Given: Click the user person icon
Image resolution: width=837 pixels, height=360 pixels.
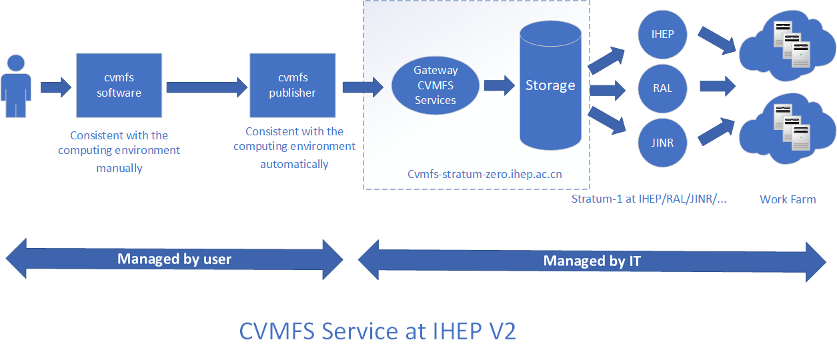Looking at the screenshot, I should coord(16,87).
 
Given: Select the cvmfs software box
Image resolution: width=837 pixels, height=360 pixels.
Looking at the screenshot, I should coord(119,85).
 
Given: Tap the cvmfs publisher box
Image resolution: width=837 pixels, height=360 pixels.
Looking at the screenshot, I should coord(292,85).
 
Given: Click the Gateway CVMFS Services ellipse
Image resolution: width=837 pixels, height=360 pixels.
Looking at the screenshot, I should coord(436,85).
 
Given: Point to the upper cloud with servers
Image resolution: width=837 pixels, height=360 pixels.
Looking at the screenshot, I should coord(787,45).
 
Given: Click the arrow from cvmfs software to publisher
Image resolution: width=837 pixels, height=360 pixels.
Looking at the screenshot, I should coord(206,87).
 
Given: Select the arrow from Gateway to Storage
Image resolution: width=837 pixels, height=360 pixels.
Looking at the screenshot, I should coord(500,85).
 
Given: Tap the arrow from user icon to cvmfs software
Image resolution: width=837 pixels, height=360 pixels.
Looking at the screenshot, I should coord(56,87).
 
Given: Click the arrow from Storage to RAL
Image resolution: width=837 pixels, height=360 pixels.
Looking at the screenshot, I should coord(607,88).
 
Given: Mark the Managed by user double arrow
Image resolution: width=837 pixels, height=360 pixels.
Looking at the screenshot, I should coord(174,259).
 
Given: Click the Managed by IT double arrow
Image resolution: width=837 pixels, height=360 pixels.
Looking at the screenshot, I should coord(592,261).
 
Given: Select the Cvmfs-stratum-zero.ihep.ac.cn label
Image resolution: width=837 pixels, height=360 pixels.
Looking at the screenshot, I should coord(484,175).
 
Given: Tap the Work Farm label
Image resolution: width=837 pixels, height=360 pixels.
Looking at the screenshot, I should coord(788,199).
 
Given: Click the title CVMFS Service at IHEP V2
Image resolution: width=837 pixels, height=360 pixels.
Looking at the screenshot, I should coord(377,331).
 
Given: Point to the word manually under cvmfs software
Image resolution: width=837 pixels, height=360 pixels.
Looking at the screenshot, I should coord(119,168).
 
